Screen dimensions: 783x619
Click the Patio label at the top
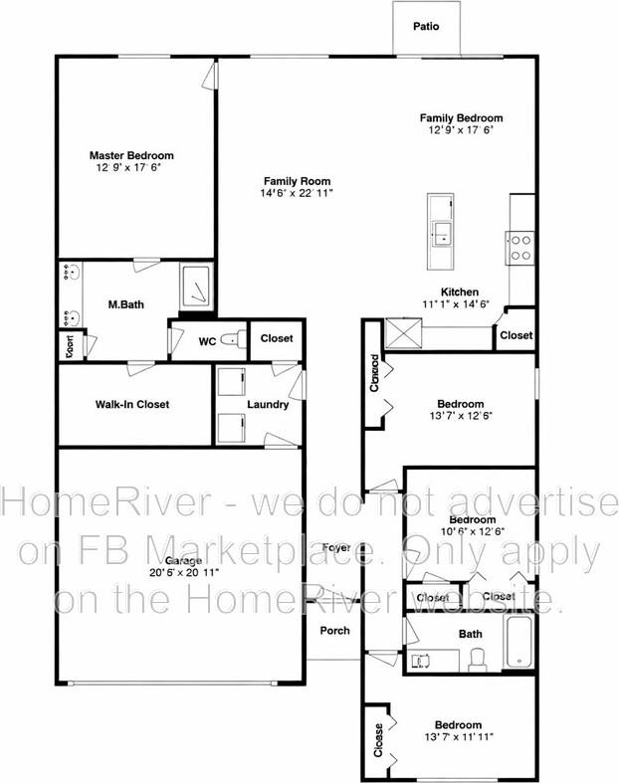click(425, 28)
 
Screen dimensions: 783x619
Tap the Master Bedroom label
click(131, 156)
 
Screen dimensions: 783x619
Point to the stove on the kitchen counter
click(520, 246)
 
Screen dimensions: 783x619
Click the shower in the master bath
click(196, 286)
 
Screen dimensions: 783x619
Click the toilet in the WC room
click(232, 341)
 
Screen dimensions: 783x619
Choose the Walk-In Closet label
click(132, 405)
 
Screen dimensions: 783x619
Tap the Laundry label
click(269, 405)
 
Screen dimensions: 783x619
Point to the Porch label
click(334, 631)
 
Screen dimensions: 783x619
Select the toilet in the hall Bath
click(476, 661)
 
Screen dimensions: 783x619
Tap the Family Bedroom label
click(461, 117)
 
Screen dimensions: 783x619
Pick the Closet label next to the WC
click(277, 339)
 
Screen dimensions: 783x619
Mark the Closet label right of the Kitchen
click(516, 336)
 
